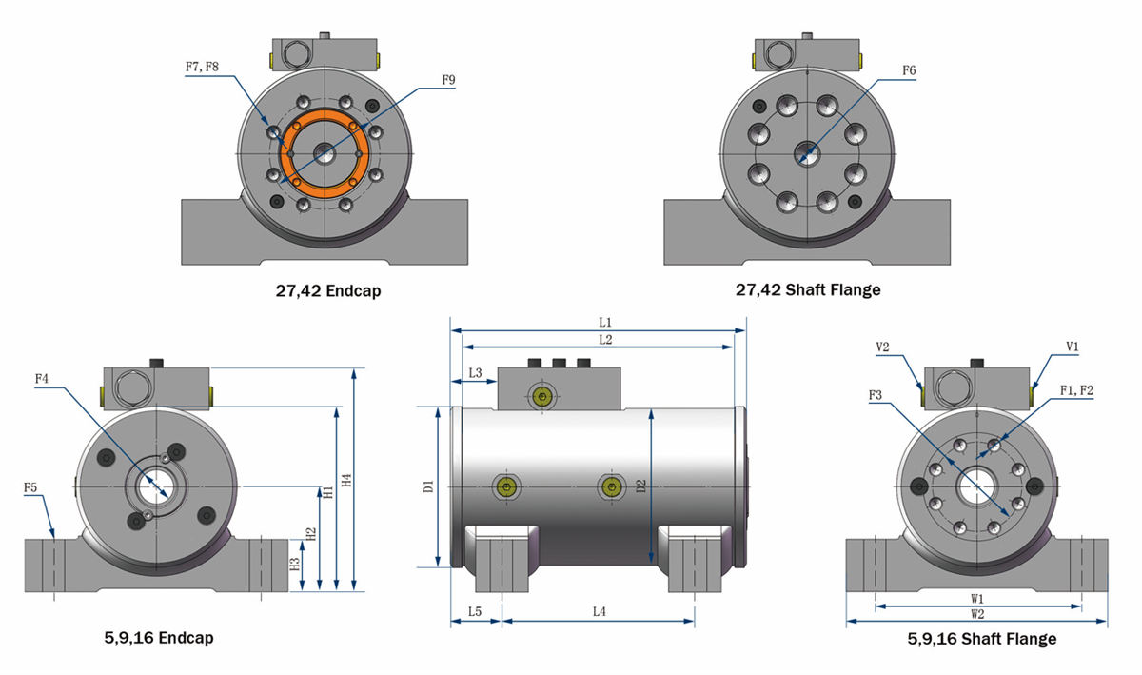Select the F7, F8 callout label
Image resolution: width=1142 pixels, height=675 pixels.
(202, 68)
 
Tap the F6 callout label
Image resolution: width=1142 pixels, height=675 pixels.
(909, 70)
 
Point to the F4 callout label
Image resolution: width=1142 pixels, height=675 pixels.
(42, 379)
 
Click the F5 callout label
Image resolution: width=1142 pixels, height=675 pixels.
(30, 487)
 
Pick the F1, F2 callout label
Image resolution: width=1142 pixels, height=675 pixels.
(1075, 390)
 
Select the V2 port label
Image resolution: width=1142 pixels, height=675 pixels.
(882, 347)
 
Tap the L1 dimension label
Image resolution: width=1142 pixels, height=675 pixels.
(605, 323)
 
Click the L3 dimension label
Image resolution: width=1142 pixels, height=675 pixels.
(475, 373)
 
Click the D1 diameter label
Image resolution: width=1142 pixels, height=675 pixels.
(428, 486)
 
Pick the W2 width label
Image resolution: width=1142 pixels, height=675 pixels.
(977, 614)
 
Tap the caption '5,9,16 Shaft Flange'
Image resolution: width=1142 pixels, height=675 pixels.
(981, 639)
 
